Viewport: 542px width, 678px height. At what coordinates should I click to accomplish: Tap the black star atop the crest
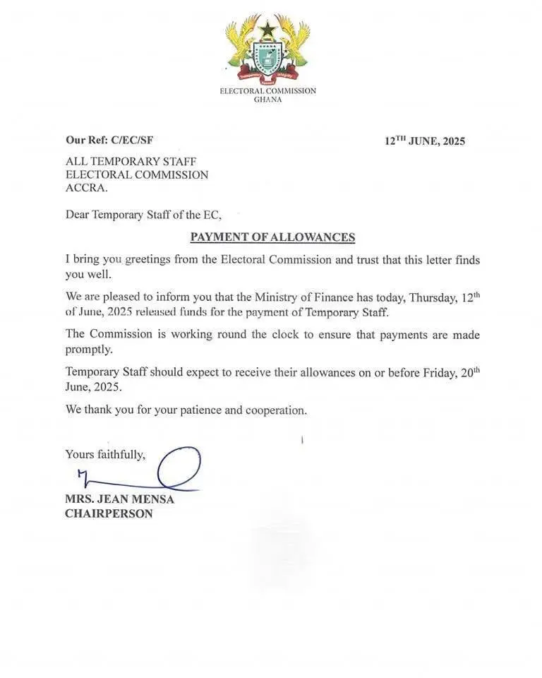(267, 29)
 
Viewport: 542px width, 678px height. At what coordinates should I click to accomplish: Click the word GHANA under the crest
(267, 100)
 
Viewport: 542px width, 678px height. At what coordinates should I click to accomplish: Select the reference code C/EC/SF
(133, 141)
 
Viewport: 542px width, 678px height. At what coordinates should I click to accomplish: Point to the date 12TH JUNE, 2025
(425, 141)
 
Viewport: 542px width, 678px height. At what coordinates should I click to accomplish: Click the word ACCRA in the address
(88, 188)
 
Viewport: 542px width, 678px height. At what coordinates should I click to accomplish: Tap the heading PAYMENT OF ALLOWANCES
(272, 237)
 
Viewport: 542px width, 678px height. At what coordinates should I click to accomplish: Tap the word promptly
(89, 349)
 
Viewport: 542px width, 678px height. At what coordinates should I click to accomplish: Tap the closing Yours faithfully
(105, 454)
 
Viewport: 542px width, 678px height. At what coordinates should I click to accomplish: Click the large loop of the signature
(179, 467)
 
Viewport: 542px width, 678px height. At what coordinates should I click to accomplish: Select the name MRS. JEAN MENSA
(119, 499)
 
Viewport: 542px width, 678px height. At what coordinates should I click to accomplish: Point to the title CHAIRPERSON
(109, 513)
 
